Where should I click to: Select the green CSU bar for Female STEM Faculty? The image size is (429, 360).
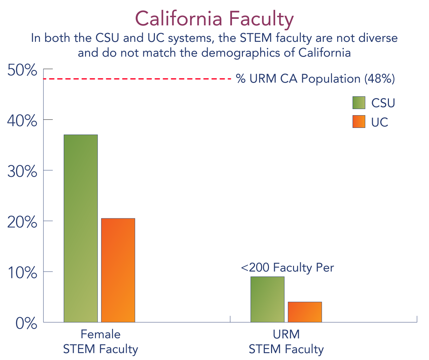tap(81, 228)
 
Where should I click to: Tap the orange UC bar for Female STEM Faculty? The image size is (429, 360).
tap(118, 270)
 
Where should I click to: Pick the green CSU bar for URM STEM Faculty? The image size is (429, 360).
tap(267, 299)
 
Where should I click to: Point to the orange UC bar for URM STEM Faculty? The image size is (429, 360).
tap(305, 312)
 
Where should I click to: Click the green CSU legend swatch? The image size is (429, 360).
tap(359, 103)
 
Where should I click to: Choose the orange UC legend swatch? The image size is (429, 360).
tap(359, 122)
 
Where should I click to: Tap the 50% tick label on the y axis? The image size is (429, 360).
tap(22, 71)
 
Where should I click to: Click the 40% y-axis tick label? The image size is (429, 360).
tap(22, 121)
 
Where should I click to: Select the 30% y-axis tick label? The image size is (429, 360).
tap(22, 171)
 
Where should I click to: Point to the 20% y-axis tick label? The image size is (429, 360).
tap(22, 222)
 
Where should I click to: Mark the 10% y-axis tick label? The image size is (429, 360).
tap(22, 273)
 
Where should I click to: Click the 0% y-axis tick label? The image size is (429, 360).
tap(26, 323)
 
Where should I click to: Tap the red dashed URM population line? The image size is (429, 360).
tap(137, 79)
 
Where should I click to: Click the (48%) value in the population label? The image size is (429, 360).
tap(379, 79)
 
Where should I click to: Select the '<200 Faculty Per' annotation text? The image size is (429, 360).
tap(287, 268)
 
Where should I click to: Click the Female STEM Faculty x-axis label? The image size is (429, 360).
tap(100, 342)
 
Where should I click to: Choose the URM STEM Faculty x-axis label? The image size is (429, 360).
tap(286, 342)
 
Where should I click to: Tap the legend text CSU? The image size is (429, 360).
tap(383, 103)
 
